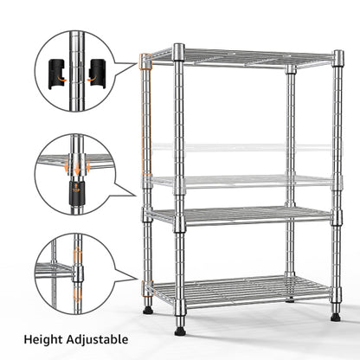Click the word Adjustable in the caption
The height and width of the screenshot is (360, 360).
tap(100, 340)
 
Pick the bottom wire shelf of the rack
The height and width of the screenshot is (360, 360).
tap(238, 290)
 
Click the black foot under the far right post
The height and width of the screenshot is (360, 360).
tap(335, 317)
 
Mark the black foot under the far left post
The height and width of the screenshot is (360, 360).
tap(148, 308)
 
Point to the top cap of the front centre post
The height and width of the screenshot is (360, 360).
tap(178, 50)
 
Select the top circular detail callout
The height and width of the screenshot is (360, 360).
tap(75, 71)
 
